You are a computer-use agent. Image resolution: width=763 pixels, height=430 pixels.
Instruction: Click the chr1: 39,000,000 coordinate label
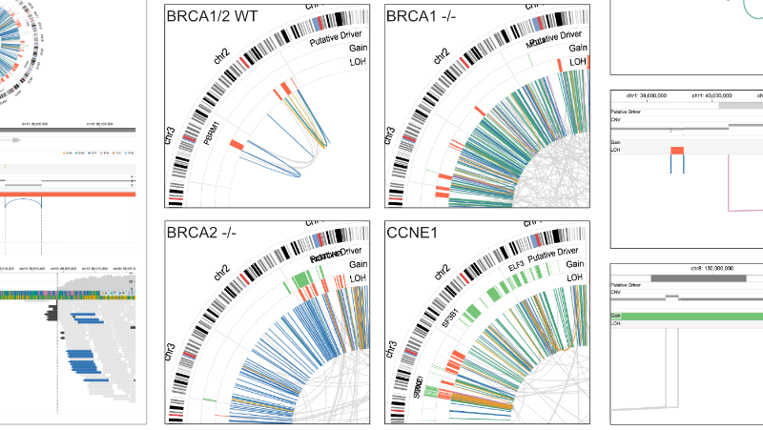644,96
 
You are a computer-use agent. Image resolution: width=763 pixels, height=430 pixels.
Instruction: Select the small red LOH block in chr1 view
677,151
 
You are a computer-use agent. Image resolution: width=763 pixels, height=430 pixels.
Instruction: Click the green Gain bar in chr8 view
687,317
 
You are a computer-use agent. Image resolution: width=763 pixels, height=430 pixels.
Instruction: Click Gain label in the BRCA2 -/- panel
359,264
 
